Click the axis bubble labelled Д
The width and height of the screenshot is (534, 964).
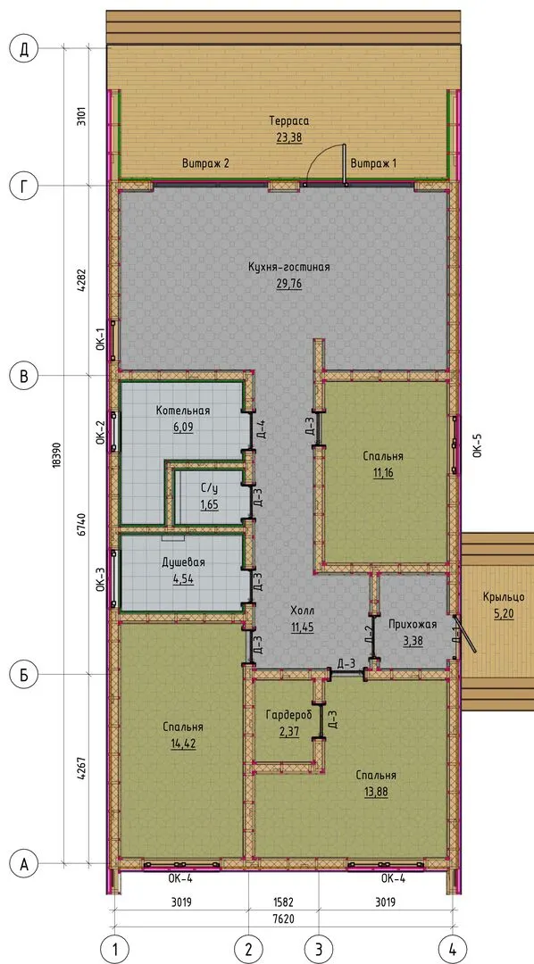click(x=25, y=50)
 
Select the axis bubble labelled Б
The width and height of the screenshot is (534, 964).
click(x=25, y=675)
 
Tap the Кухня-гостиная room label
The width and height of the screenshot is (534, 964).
click(x=289, y=268)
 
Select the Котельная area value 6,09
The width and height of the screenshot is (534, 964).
click(x=183, y=428)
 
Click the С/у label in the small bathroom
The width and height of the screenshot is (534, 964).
click(x=209, y=490)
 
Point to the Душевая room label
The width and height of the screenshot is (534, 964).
click(x=183, y=562)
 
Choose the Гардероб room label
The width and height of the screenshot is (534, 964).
click(x=289, y=714)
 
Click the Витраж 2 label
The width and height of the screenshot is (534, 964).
click(x=205, y=163)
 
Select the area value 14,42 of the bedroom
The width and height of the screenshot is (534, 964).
click(x=183, y=744)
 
